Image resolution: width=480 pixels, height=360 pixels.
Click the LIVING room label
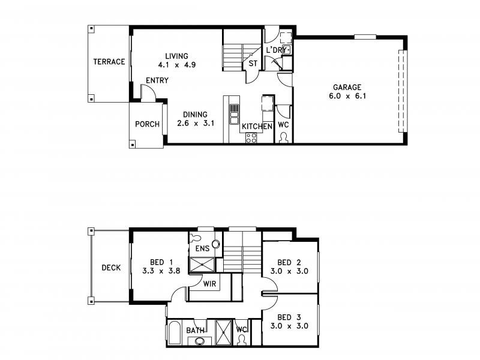tap(176, 56)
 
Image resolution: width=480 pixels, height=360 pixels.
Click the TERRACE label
tap(109, 62)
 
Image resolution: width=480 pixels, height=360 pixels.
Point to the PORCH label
tap(147, 125)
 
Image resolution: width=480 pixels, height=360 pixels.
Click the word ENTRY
tap(157, 80)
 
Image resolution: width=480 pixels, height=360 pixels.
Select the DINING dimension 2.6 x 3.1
tap(196, 124)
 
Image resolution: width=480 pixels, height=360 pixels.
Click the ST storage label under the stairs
tap(253, 64)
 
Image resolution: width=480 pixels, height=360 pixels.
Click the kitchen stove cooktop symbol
tap(251, 137)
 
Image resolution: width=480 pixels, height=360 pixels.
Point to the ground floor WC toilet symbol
tap(284, 137)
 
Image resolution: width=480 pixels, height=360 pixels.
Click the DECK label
tap(110, 268)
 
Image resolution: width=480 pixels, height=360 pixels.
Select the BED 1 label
tap(161, 262)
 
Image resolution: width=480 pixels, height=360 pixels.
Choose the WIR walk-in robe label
tap(210, 283)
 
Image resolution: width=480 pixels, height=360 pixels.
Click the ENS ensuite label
tap(202, 248)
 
